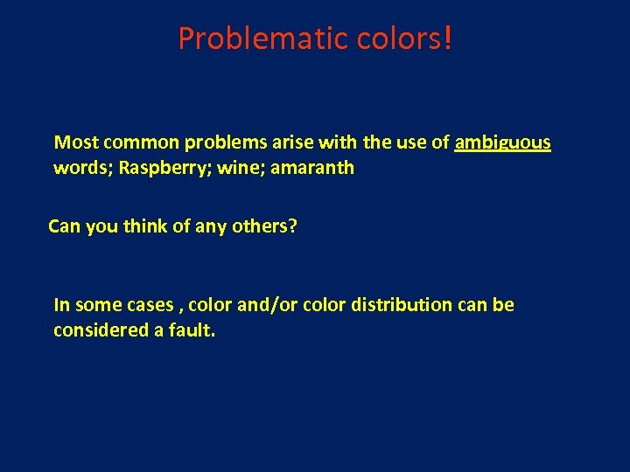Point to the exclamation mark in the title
click(448, 38)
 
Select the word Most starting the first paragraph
click(74, 142)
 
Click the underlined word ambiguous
click(503, 142)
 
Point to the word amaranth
click(312, 168)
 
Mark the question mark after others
click(293, 226)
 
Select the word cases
click(150, 305)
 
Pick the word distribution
click(404, 305)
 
